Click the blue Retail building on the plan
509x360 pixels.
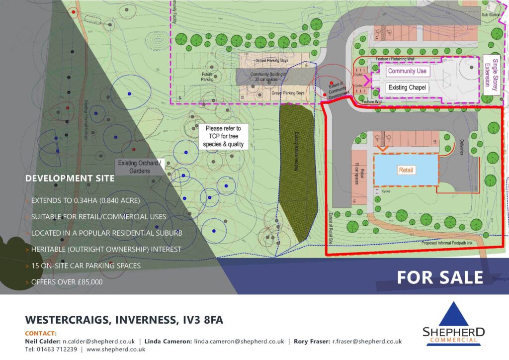(x=406, y=170)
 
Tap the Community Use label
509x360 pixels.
(x=408, y=71)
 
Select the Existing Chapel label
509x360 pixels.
(x=407, y=88)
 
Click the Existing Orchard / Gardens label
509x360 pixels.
(x=138, y=167)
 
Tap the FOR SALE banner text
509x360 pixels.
(x=439, y=277)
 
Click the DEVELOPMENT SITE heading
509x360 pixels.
(x=70, y=178)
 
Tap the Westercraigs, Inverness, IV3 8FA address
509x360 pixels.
(x=124, y=320)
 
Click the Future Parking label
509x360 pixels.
(x=207, y=77)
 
